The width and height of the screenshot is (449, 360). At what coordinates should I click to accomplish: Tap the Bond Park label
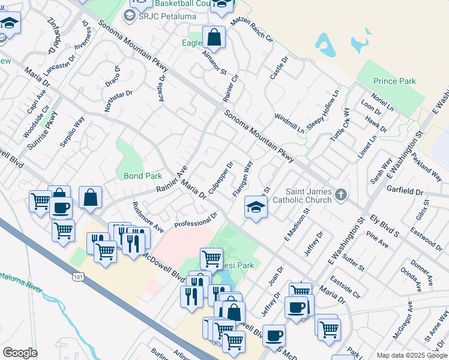[x=143, y=176]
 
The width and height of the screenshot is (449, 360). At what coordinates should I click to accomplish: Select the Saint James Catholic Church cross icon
[x=341, y=194]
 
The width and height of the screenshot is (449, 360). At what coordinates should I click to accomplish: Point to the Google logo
[x=20, y=353]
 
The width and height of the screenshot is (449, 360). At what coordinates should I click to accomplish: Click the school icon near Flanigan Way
[x=255, y=209]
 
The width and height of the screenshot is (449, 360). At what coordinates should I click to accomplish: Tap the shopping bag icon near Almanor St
[x=213, y=38]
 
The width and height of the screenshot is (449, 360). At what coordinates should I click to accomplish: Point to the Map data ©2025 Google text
[x=412, y=355]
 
